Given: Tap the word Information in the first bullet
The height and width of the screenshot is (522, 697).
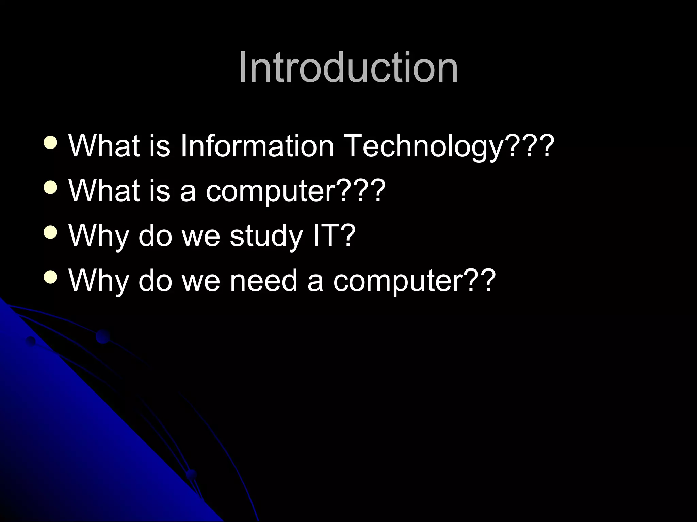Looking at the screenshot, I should pos(257,146).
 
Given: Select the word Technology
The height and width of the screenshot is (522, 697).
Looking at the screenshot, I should pos(424,146).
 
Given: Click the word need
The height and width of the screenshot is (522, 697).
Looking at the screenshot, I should pos(263,280).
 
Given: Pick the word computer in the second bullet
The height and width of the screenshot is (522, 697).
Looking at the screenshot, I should pos(271,190).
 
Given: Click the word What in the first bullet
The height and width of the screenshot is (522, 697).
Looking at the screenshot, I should pos(104,146).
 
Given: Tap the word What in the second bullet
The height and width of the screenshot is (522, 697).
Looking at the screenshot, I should pos(104,190).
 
